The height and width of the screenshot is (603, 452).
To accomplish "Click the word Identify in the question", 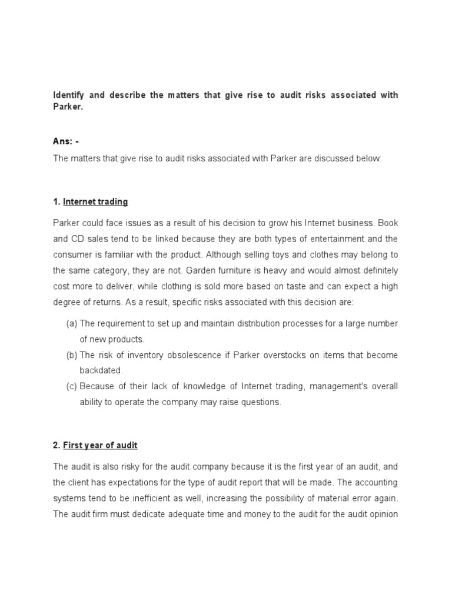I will (x=67, y=95).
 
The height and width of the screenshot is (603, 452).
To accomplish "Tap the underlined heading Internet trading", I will (x=95, y=202).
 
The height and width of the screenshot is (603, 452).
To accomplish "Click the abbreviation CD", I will (x=77, y=239).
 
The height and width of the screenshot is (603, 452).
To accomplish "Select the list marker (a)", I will (x=71, y=323).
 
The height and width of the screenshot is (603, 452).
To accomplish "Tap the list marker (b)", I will (x=71, y=355).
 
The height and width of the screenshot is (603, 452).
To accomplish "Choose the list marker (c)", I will (x=71, y=387).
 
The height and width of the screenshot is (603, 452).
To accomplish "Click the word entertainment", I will (x=338, y=239).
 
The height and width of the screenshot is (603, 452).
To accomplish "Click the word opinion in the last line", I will (x=383, y=514).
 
